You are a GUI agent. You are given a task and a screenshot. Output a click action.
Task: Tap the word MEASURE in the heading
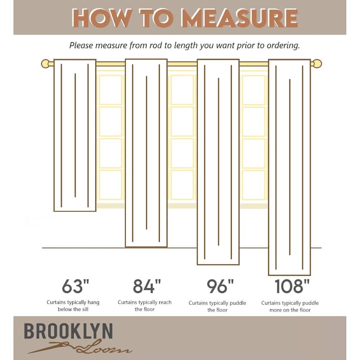pos(239,18)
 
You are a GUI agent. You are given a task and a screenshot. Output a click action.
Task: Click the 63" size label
pos(75,286)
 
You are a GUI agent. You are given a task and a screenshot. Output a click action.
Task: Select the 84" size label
pos(147,286)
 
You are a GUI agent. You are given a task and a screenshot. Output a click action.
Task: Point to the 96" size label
pos(220,286)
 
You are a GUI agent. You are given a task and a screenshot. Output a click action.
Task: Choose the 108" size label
pos(292,286)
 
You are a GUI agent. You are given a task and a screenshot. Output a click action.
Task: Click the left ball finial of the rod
pos(45,63)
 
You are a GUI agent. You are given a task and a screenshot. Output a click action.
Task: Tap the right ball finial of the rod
pos(317,63)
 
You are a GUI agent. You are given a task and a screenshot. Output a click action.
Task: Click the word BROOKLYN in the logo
pos(68,331)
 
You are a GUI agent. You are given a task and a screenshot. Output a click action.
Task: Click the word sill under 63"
pos(85,309)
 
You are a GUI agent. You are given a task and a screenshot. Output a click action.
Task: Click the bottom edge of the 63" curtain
pos(75,211)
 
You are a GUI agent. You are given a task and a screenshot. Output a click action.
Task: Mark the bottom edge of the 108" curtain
pos(289,275)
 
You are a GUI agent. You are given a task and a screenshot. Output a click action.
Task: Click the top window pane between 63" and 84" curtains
pos(110,90)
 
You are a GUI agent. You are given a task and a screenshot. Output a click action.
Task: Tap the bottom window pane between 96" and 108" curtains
pos(254,185)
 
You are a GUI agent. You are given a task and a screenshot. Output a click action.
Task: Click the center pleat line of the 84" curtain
pos(147,153)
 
